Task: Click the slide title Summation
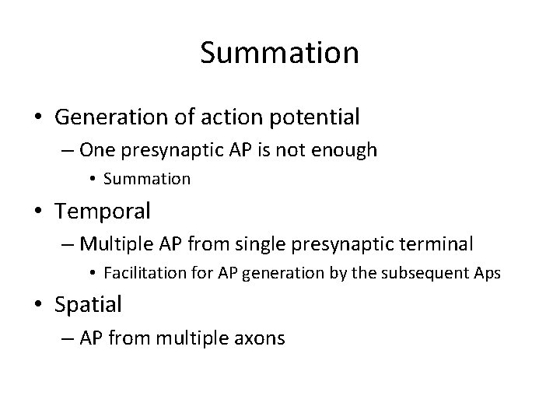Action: (x=279, y=53)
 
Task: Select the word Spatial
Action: (x=89, y=304)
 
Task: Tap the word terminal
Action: (x=434, y=244)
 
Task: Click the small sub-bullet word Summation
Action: (x=146, y=179)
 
